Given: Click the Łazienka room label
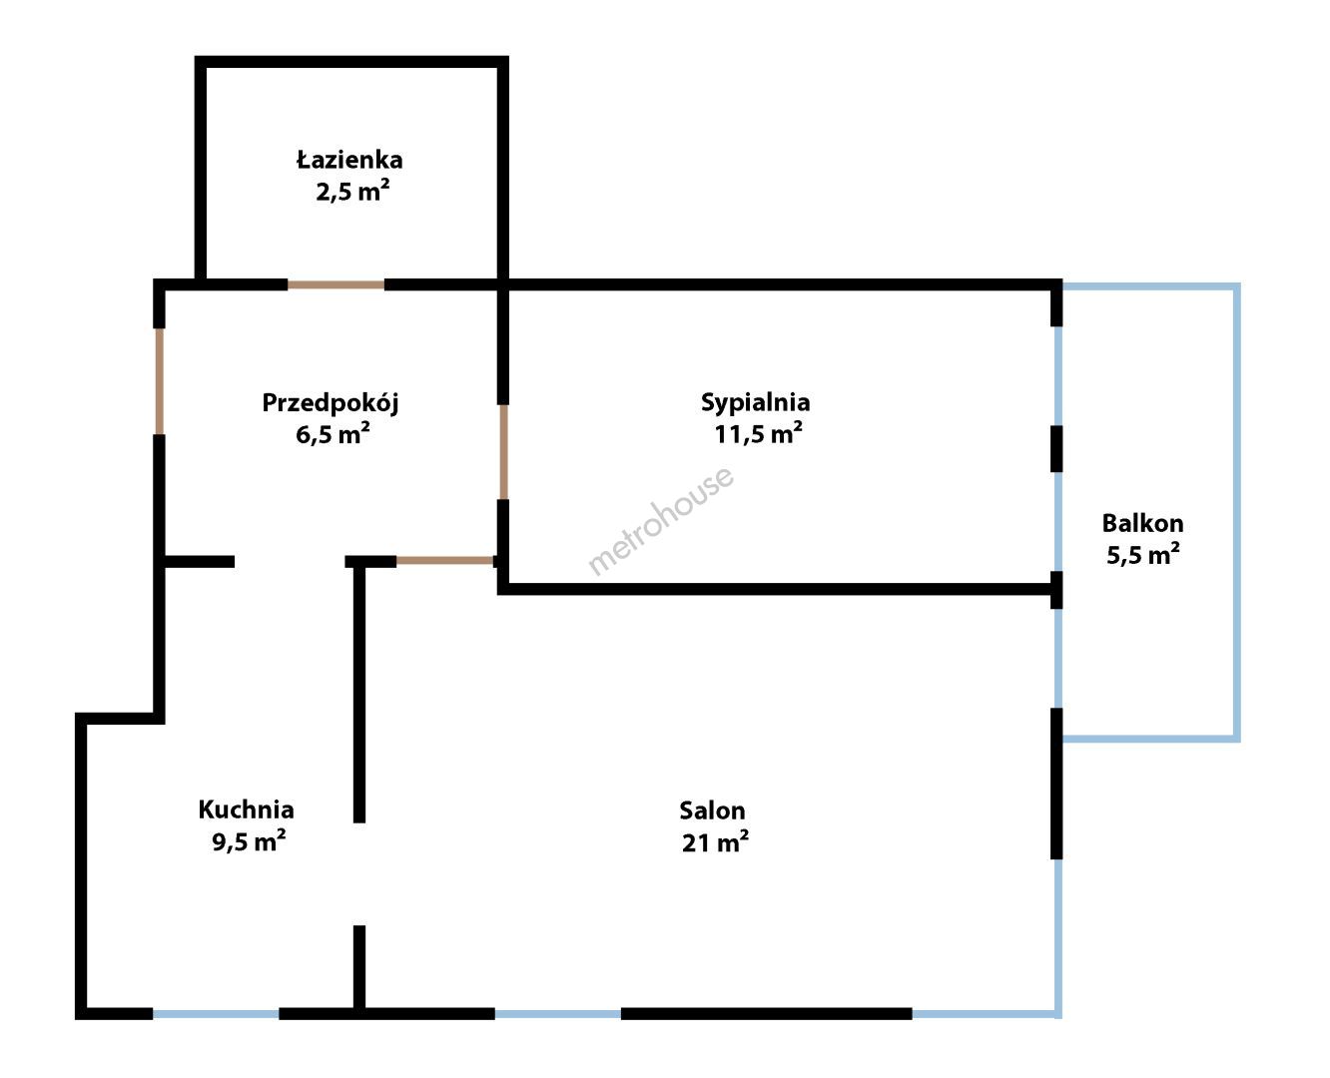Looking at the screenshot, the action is tap(349, 161).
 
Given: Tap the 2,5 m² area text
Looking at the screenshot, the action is tap(352, 191).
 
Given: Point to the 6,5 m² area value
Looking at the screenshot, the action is tap(332, 433).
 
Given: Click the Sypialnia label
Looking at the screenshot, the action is tap(755, 403).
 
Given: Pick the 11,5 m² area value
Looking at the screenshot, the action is tap(758, 433).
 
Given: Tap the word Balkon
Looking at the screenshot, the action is tap(1142, 523).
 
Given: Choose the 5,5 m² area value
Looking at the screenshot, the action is tap(1142, 554).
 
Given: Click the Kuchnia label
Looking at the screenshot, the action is tap(246, 809).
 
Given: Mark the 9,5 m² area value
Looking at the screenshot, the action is tap(249, 840).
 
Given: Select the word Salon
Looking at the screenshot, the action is tap(712, 810).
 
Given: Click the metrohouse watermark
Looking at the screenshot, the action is tap(661, 520).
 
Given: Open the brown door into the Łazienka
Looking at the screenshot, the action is tap(335, 285).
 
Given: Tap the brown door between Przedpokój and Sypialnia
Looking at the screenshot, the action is tap(503, 452).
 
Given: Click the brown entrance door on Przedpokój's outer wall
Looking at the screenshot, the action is tap(160, 381).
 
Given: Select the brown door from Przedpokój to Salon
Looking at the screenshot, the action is tap(446, 561).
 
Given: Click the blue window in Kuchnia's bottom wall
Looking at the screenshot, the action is tap(216, 1014).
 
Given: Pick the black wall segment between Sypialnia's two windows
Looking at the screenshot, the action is tap(1056, 449).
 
